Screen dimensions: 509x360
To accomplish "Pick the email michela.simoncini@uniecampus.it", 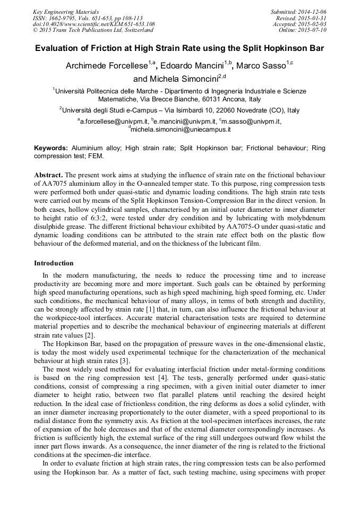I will point(181,129).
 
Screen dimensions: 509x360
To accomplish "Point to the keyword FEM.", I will point(96,156).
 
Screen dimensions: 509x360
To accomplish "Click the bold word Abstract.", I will point(49,175).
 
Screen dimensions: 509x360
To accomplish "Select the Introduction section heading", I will point(54,263).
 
